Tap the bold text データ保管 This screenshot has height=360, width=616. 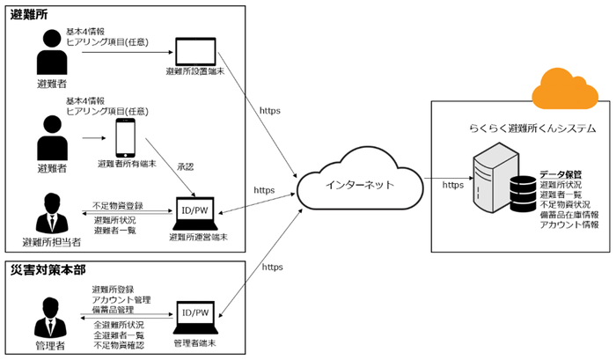pos(559,174)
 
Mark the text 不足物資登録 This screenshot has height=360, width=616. pos(118,205)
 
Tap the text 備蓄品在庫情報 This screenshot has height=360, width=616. pos(568,215)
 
